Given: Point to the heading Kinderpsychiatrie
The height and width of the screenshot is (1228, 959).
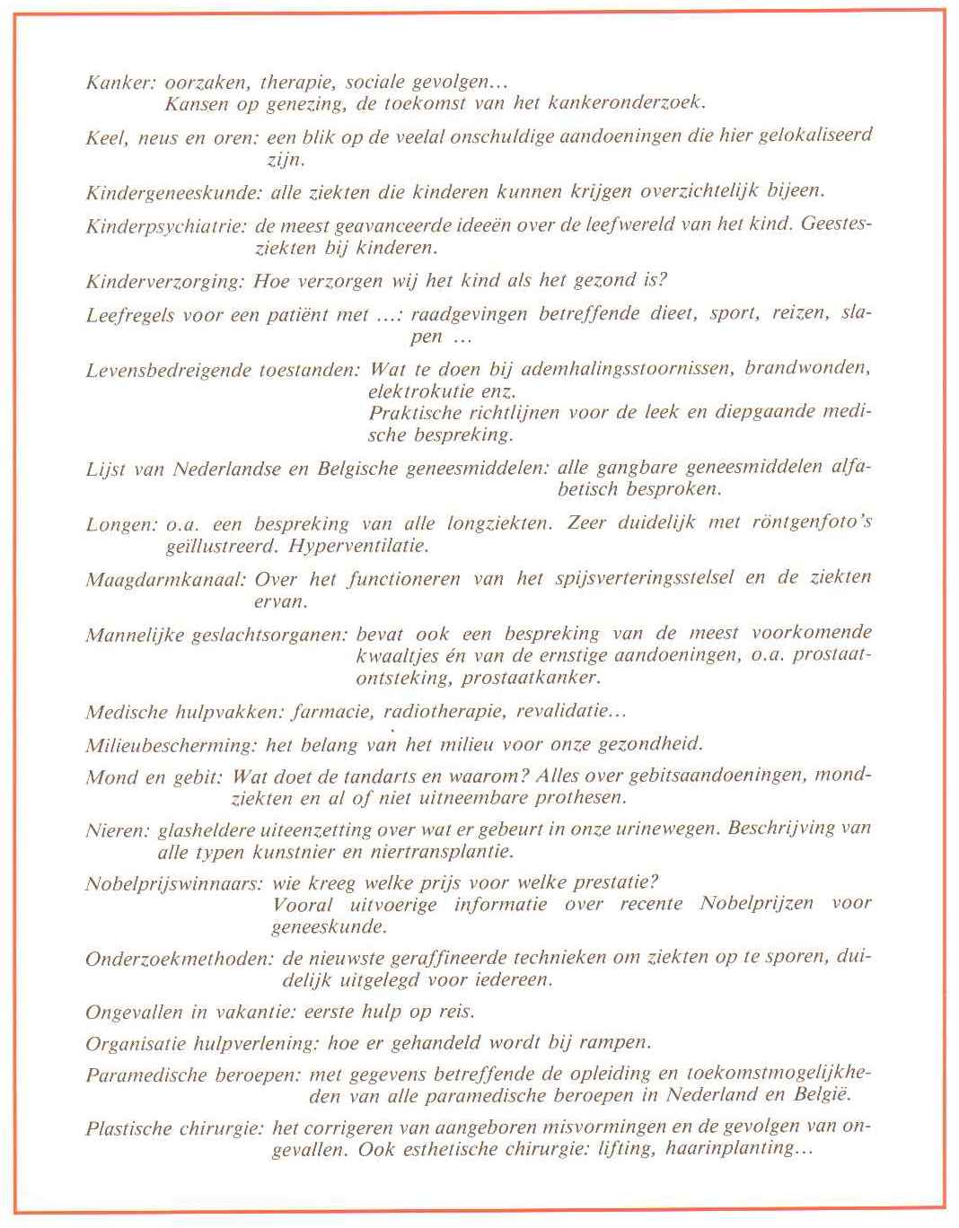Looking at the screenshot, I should [x=166, y=226].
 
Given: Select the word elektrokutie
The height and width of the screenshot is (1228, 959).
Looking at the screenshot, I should [x=414, y=392].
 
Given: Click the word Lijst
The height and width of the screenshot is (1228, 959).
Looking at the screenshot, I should [x=104, y=469].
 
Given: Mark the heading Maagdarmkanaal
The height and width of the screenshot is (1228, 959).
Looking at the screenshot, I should [x=165, y=580].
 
